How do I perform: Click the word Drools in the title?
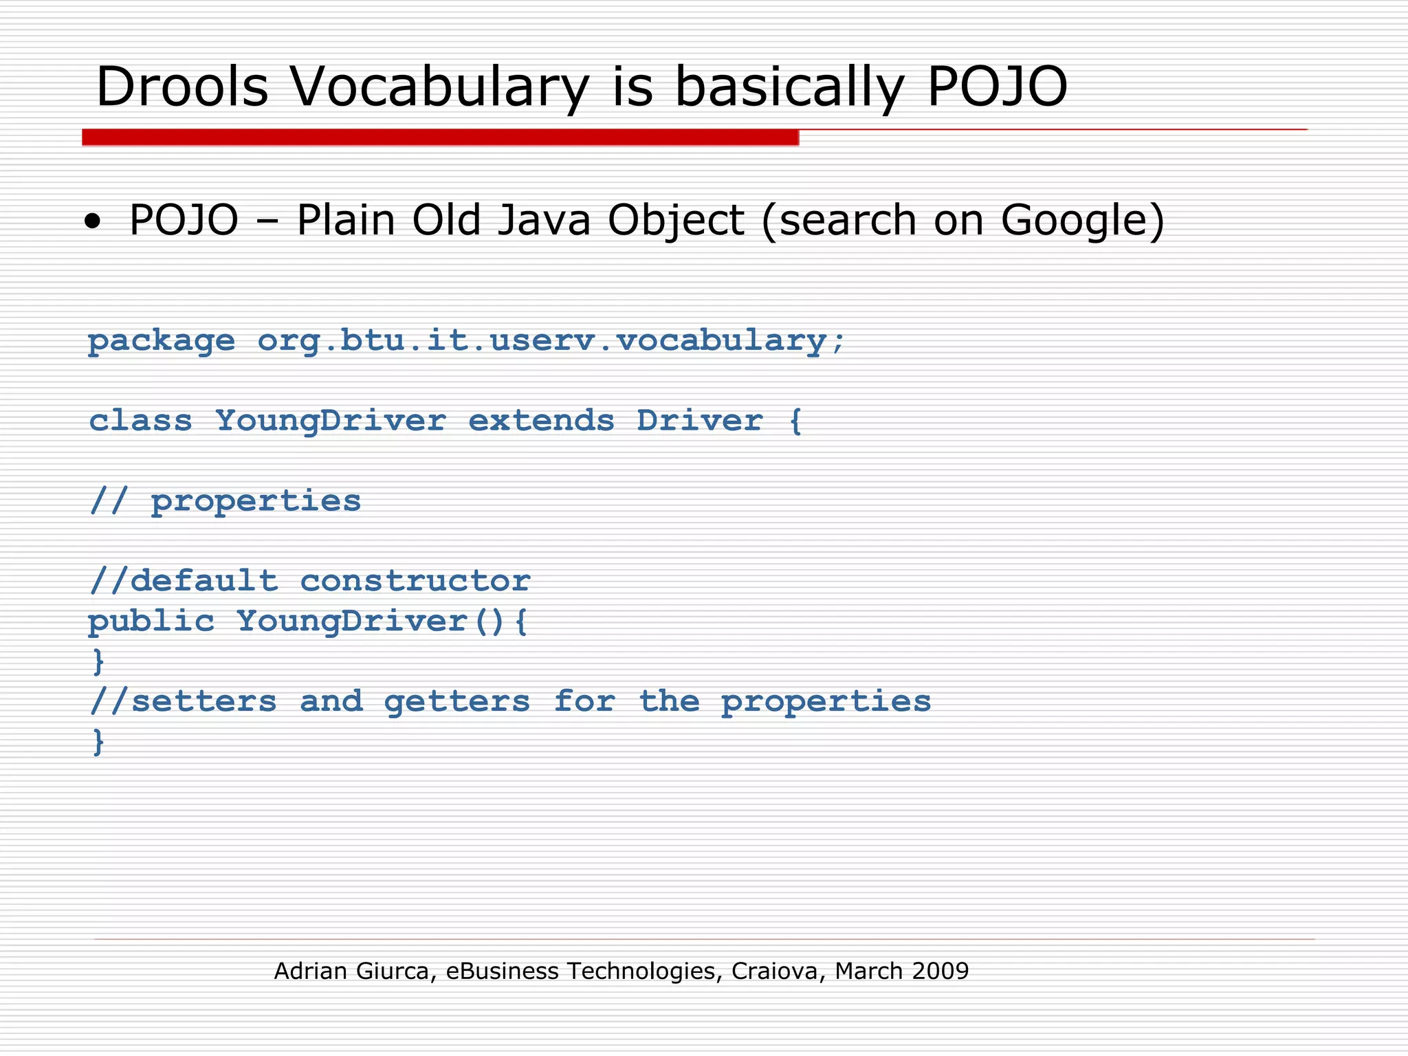coord(182,87)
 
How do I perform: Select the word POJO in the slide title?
coord(997,87)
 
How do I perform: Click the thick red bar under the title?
coord(440,137)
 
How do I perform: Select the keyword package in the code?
coord(162,341)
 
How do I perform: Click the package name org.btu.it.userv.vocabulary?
coord(550,340)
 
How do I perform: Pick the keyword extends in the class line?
coord(541,420)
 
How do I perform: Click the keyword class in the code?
coord(140,420)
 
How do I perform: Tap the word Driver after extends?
coord(699,420)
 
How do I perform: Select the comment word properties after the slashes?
coord(256,501)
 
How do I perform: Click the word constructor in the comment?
coord(415,581)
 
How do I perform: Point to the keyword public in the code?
coord(151,621)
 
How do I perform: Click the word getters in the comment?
coord(456,702)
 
